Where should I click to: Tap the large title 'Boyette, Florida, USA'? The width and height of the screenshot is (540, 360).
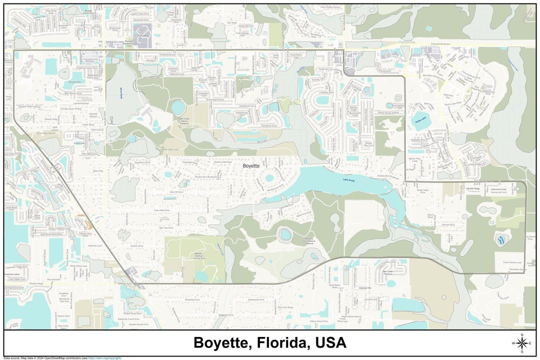269,343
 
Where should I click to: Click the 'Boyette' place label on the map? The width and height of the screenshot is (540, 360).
251,165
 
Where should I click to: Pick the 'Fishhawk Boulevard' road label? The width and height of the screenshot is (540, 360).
440,44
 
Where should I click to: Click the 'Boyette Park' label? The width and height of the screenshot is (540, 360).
75,81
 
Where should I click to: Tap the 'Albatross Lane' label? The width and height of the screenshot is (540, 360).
95,245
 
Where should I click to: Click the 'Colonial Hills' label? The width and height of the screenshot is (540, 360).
365,288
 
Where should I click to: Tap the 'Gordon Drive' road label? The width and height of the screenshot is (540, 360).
136,246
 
